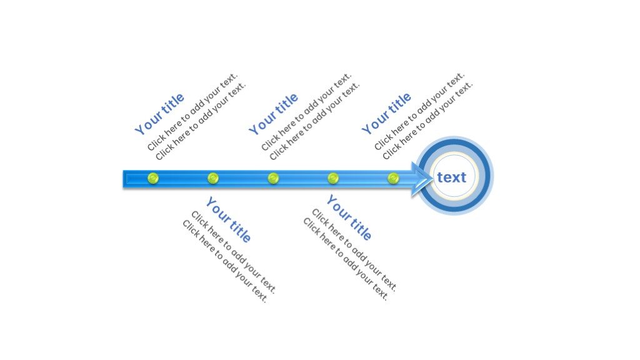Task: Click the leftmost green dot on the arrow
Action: [153, 179]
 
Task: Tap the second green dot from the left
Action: [213, 179]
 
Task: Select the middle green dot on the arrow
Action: [273, 179]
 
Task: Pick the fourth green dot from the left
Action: [333, 179]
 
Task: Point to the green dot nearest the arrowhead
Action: [393, 179]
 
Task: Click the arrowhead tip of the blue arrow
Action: [432, 179]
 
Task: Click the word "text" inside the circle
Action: [452, 177]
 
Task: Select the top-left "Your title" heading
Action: [160, 114]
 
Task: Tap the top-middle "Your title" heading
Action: [274, 114]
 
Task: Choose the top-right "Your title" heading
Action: [387, 114]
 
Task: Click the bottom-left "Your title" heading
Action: [228, 220]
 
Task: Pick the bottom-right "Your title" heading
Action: [349, 218]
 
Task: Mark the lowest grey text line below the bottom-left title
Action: [225, 261]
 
